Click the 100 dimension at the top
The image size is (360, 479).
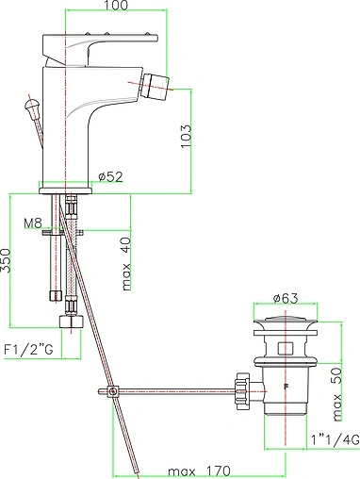[x=116, y=5]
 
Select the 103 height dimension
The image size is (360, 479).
[x=186, y=136]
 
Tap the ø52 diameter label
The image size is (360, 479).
[x=110, y=177]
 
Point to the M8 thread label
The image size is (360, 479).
[x=33, y=223]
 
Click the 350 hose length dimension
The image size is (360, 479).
[x=6, y=260]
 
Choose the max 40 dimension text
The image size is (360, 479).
[x=126, y=264]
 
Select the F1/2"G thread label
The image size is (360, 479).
[x=28, y=350]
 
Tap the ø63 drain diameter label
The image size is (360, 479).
[x=286, y=298]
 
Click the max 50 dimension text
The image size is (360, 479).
[x=337, y=394]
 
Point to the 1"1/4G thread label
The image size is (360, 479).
[x=335, y=439]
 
